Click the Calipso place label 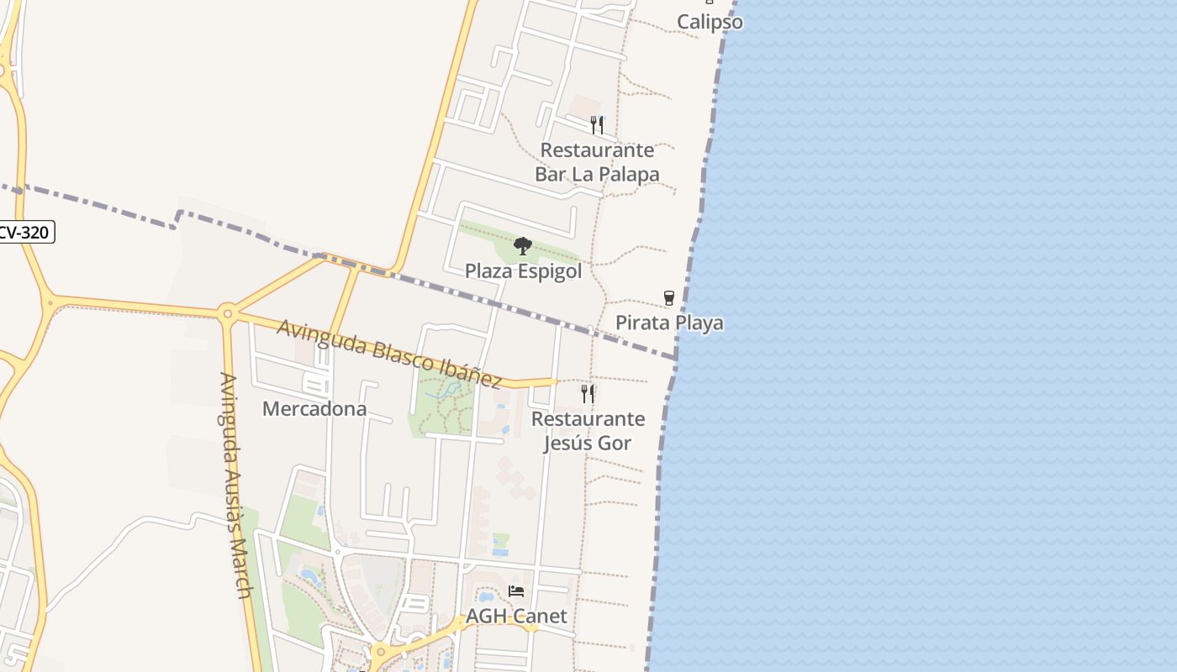pos(710,22)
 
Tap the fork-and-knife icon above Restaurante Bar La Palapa pos(597,125)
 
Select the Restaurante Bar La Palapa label pos(597,162)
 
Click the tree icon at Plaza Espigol pos(523,246)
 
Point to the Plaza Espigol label pos(523,271)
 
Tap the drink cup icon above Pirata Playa pos(669,298)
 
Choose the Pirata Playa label pos(669,323)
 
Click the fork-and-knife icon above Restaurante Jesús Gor pos(588,393)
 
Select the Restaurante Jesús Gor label pos(588,431)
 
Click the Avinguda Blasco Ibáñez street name pos(389,353)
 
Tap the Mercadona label pos(314,409)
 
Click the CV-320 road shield pos(24,233)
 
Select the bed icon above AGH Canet pos(516,591)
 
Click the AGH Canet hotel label pos(516,616)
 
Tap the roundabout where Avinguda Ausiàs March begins pos(226,314)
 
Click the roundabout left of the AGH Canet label pos(380,650)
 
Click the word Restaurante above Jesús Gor pos(588,418)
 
